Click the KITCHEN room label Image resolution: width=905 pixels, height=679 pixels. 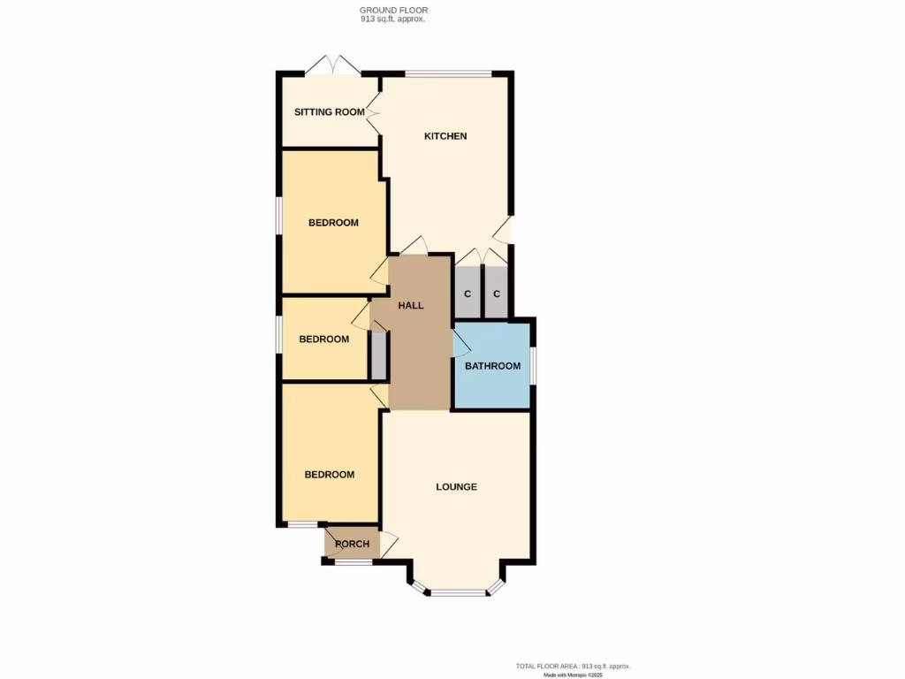(445, 136)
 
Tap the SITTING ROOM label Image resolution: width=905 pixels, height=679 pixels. (329, 112)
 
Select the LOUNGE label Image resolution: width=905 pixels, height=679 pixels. (457, 487)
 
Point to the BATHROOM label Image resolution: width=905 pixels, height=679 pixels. (492, 366)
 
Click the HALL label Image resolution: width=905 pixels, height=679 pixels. (410, 306)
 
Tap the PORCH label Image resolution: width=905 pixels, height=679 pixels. (352, 544)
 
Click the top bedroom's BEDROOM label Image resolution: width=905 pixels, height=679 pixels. (333, 223)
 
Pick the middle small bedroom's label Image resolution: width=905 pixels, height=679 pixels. (323, 339)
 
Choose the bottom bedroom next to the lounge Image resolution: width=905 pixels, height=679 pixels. (330, 475)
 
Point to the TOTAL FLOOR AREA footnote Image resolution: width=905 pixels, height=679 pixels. (573, 666)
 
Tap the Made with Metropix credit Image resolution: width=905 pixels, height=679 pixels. (573, 675)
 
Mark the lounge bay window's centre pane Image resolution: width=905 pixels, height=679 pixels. (459, 593)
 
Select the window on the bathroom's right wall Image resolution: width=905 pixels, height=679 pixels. (533, 366)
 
